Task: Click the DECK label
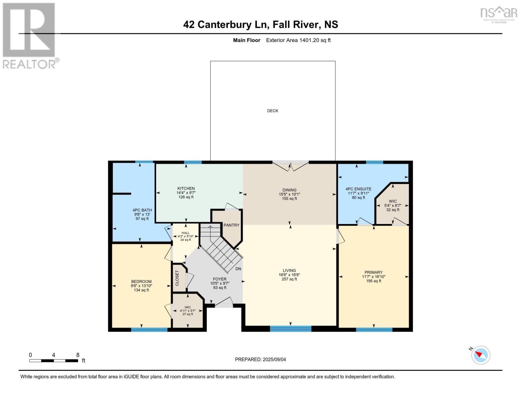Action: click(x=272, y=111)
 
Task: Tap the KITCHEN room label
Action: click(x=186, y=188)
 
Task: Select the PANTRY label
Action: click(x=231, y=225)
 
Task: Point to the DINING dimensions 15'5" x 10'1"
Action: click(x=290, y=194)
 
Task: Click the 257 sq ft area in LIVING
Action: click(x=289, y=279)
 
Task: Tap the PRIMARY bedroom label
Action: click(x=373, y=272)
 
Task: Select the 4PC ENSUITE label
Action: click(x=358, y=189)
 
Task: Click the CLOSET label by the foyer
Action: click(x=177, y=278)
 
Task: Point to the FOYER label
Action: click(x=220, y=279)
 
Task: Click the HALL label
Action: click(x=186, y=233)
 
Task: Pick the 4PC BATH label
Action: click(x=142, y=210)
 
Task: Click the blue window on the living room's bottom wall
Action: click(x=291, y=329)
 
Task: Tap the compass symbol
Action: click(x=480, y=355)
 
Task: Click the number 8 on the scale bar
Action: click(x=78, y=355)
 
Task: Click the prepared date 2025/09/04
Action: click(x=274, y=359)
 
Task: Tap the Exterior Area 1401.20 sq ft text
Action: click(x=298, y=40)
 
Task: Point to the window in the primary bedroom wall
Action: click(x=374, y=329)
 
